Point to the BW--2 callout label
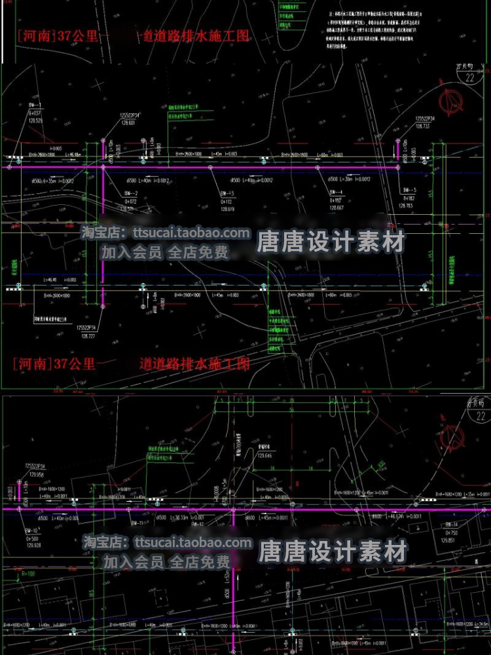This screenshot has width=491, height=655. [x=130, y=193]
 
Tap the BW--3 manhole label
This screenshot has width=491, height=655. [x=227, y=193]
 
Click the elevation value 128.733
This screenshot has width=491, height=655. [x=423, y=126]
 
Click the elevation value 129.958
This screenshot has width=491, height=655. [x=36, y=474]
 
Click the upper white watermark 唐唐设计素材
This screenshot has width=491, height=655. [x=331, y=243]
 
